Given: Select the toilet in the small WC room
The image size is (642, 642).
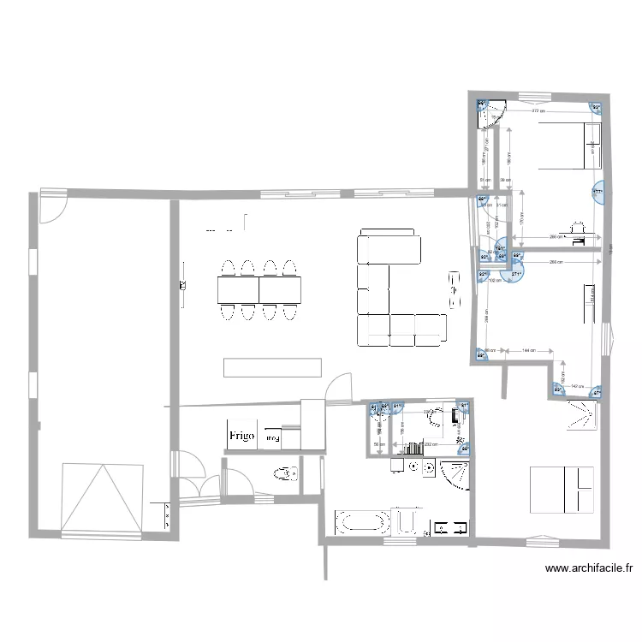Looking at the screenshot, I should click(283, 472).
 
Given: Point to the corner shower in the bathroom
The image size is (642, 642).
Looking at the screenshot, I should click(455, 473).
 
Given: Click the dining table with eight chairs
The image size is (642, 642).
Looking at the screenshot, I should click(258, 290).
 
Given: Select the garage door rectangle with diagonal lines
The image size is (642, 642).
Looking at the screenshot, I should click(102, 496).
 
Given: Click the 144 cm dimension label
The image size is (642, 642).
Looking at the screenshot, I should click(529, 350).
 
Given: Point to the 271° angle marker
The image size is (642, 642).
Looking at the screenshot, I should click(518, 275).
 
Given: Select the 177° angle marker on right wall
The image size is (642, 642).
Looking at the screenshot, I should click(598, 192).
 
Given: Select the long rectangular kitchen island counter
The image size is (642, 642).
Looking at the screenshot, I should click(272, 367).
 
